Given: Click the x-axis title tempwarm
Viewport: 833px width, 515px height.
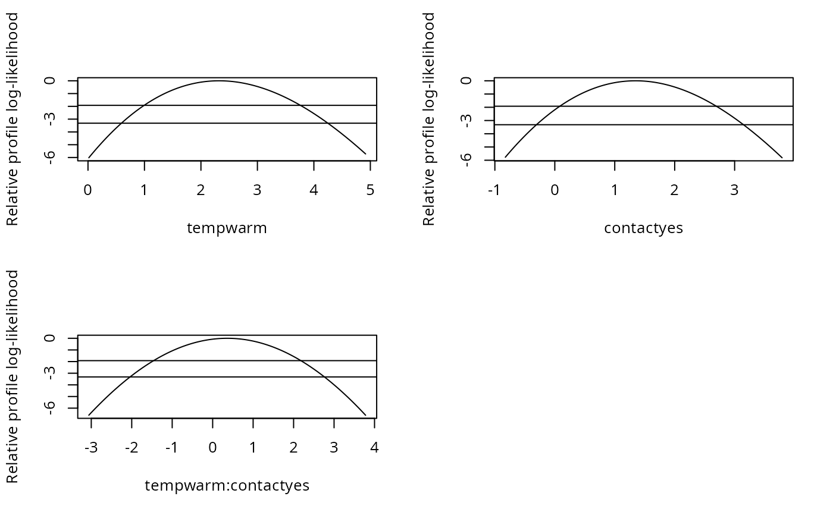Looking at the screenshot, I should coord(227,228).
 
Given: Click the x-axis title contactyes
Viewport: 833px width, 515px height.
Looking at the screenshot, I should coord(643,228).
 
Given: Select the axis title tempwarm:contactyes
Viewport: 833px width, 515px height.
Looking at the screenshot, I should coord(227,486).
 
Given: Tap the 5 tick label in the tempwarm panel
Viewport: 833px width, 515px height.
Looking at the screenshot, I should coord(370,190).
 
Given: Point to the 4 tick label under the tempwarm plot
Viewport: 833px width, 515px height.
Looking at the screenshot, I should coord(314,190).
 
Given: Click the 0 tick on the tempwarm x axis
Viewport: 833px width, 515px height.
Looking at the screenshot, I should coord(88,190).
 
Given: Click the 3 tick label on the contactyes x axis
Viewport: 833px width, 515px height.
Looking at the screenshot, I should coord(734,190).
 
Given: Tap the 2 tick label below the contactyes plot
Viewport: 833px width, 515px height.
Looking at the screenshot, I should coord(674,190).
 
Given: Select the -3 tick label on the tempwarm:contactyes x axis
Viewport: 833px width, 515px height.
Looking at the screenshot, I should coord(90,447).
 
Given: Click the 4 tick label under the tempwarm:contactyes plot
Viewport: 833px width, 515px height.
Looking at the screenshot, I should coord(374,447).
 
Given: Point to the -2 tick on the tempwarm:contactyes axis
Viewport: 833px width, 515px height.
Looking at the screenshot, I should coord(131,447).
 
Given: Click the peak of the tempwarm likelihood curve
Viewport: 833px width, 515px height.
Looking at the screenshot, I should coord(219,81).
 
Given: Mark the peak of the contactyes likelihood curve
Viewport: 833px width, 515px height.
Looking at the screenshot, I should coord(635,81).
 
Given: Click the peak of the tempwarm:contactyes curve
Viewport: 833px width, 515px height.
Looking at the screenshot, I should coord(227,338).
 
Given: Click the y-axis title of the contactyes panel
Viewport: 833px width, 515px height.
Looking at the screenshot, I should coord(429,119).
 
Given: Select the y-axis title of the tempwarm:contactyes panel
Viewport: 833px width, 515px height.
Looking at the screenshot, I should coord(12,376).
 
